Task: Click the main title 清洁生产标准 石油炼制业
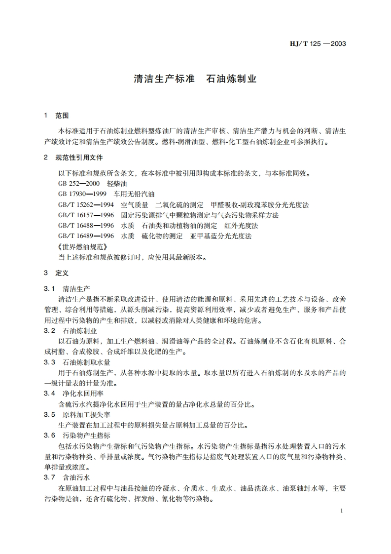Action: tap(195, 79)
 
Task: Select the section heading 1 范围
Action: tap(56, 116)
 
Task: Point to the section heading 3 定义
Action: tap(56, 273)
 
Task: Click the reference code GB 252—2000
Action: tap(79, 183)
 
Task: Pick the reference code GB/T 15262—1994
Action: tap(86, 204)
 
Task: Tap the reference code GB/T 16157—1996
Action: tap(86, 215)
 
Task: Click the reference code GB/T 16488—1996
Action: tap(86, 226)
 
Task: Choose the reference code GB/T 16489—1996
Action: tap(86, 236)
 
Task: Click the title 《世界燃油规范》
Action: tap(82, 247)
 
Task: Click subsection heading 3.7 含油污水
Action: tap(67, 477)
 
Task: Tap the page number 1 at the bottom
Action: tap(342, 511)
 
